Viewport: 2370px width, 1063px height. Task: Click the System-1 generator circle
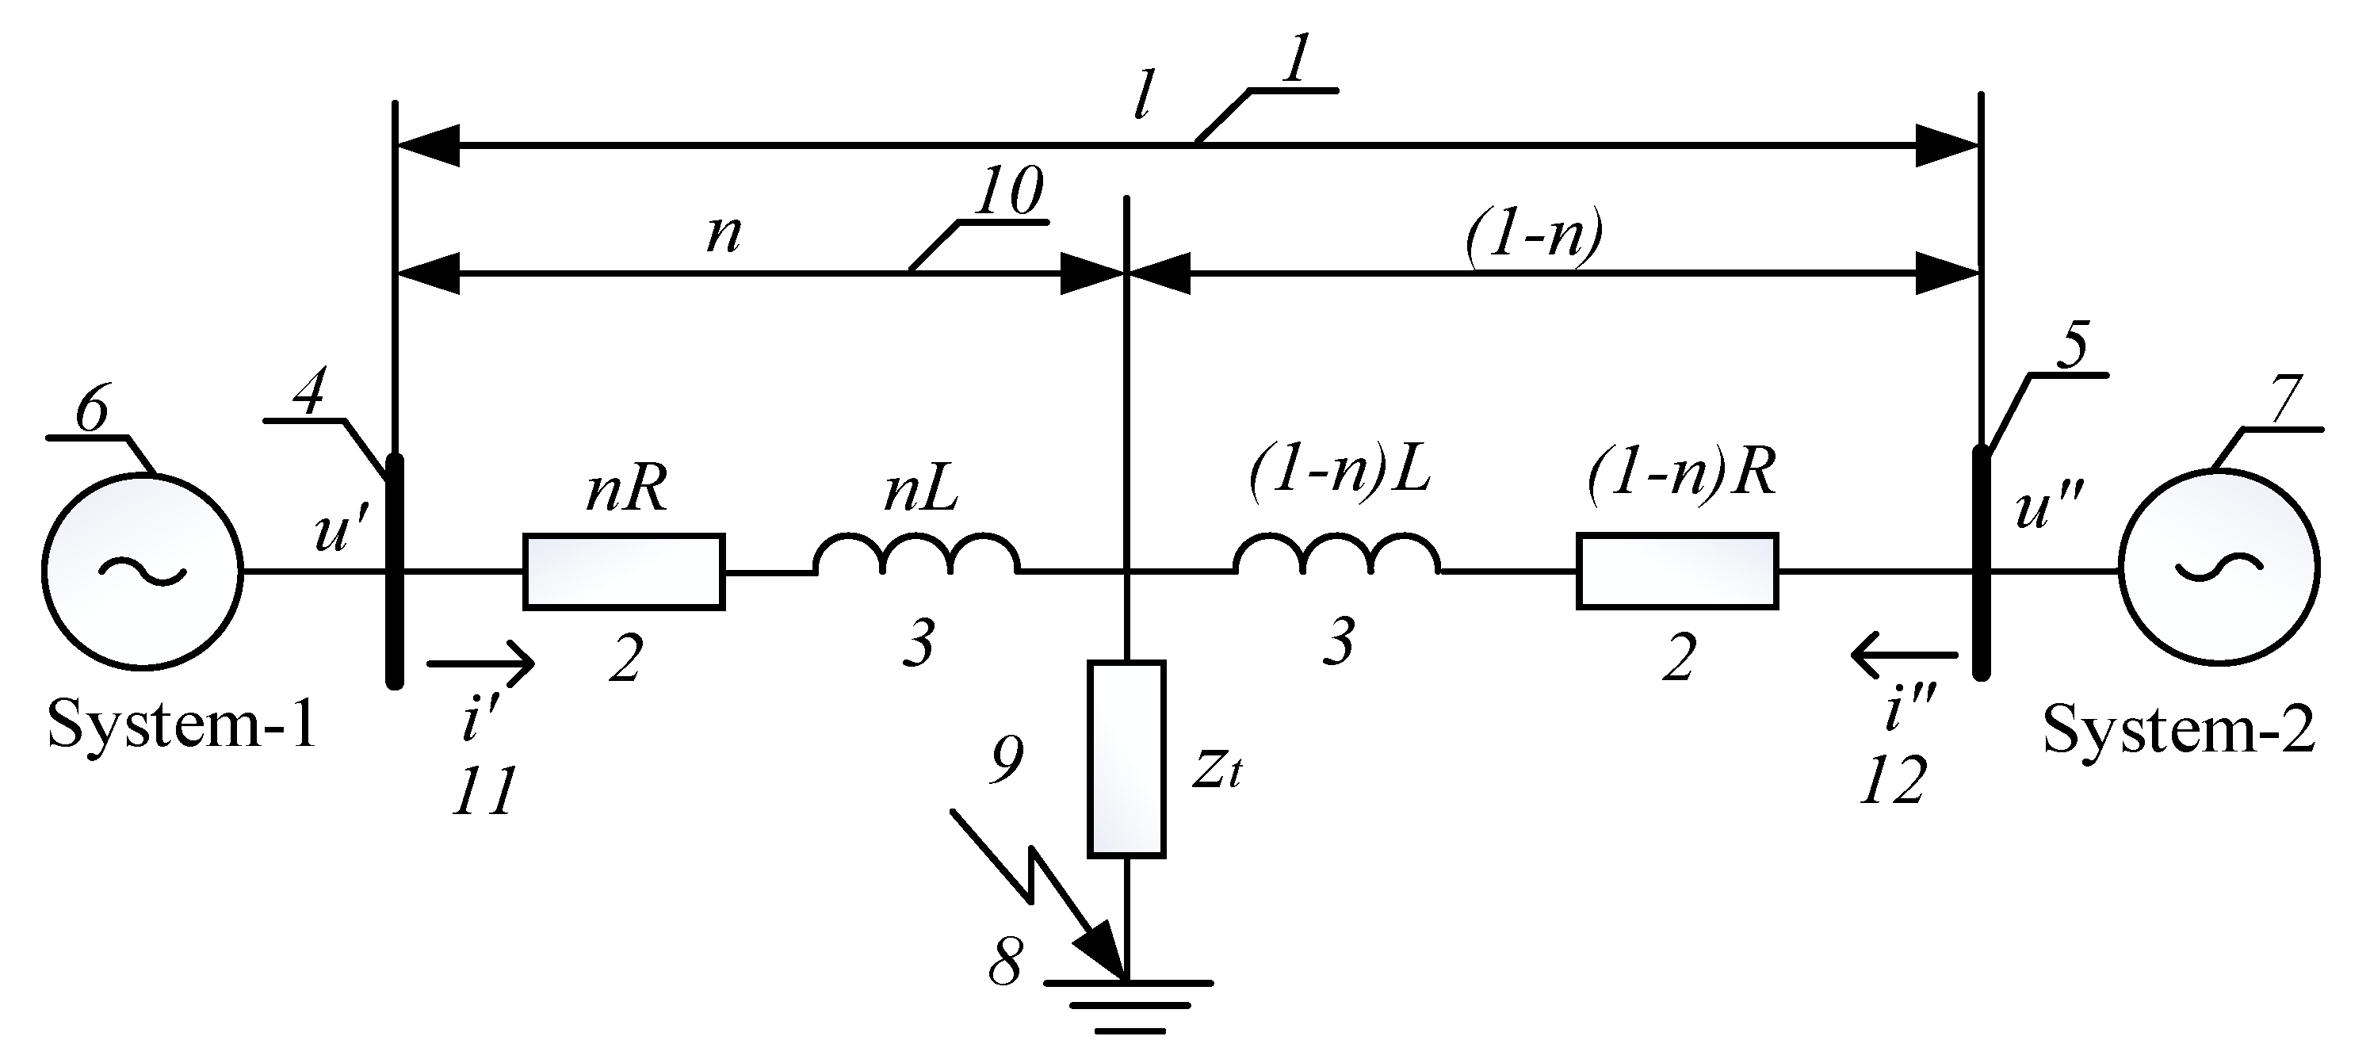[143, 571]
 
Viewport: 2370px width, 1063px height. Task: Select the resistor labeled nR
[624, 572]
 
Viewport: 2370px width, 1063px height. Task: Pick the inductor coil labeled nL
[916, 556]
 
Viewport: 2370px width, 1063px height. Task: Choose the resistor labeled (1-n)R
[1677, 571]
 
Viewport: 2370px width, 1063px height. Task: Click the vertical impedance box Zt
[1126, 759]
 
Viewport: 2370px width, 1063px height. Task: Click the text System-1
[182, 725]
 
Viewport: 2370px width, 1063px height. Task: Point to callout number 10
[1008, 191]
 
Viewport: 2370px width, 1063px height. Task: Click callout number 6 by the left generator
[92, 410]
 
